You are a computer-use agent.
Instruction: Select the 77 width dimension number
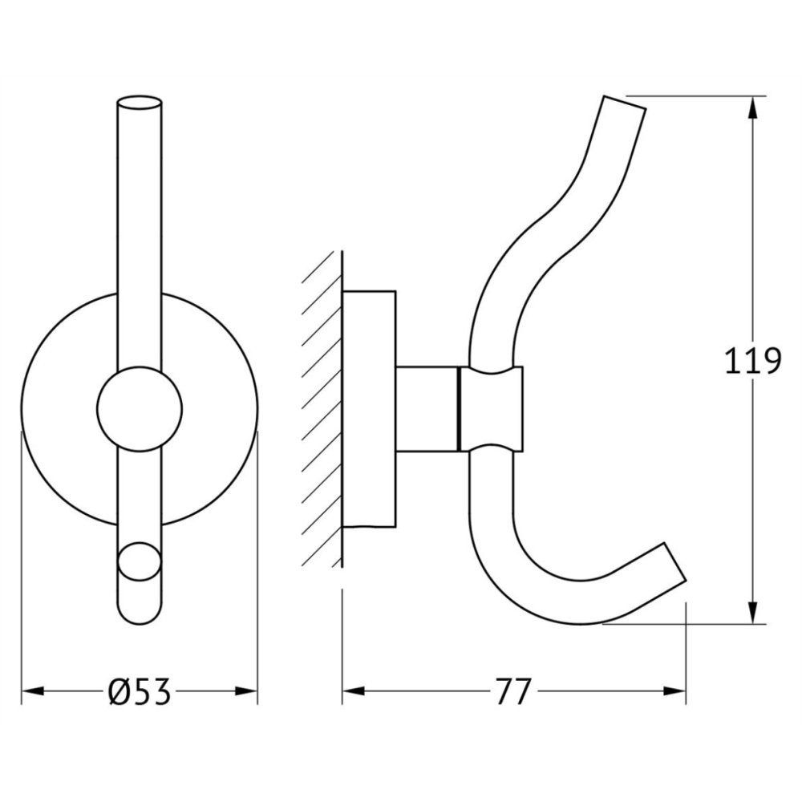click(514, 691)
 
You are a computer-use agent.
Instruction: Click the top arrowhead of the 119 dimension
click(752, 109)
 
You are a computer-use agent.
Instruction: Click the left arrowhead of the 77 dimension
click(354, 691)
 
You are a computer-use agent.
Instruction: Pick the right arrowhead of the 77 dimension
click(674, 691)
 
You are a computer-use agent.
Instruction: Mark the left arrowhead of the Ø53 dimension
click(33, 691)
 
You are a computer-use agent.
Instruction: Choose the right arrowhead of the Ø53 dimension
click(245, 691)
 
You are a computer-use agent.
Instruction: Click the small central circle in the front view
click(139, 409)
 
